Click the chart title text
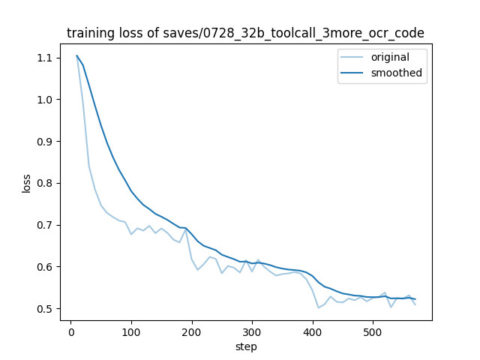click(x=245, y=33)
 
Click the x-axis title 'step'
click(x=246, y=346)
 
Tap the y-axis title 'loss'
click(x=26, y=183)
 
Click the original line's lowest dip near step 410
click(x=318, y=307)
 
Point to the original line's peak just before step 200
click(x=186, y=229)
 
